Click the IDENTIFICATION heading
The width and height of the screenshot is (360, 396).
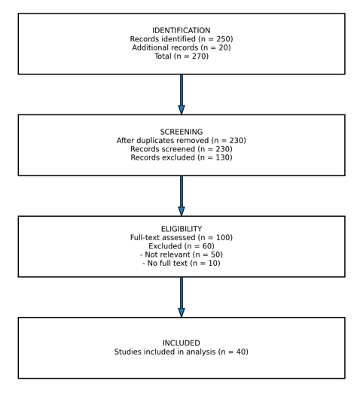point(182,31)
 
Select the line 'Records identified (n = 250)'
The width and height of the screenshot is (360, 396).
point(182,39)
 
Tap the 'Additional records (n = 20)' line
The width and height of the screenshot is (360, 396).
point(182,47)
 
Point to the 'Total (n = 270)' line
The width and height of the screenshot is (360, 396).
point(182,56)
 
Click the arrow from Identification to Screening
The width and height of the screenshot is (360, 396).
point(182,94)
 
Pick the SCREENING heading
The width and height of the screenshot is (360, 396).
point(182,132)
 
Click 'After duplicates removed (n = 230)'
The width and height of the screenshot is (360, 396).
point(182,141)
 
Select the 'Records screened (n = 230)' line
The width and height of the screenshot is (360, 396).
point(182,149)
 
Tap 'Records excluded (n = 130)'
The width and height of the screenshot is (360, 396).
point(182,157)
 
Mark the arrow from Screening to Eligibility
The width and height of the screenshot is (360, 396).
point(182,196)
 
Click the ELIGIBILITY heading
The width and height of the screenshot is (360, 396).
point(182,229)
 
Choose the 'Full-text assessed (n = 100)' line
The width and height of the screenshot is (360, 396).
point(182,238)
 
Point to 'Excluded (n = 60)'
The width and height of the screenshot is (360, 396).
point(182,246)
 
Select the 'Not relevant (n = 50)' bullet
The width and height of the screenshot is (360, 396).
point(182,254)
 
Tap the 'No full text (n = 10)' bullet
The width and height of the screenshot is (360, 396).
point(182,263)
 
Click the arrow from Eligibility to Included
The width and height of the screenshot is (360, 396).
point(182,297)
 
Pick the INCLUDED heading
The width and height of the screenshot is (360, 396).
point(182,343)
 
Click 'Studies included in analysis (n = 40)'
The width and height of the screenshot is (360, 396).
point(182,352)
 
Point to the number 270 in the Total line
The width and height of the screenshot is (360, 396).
point(199,56)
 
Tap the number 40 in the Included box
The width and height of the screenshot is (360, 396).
point(241,352)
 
